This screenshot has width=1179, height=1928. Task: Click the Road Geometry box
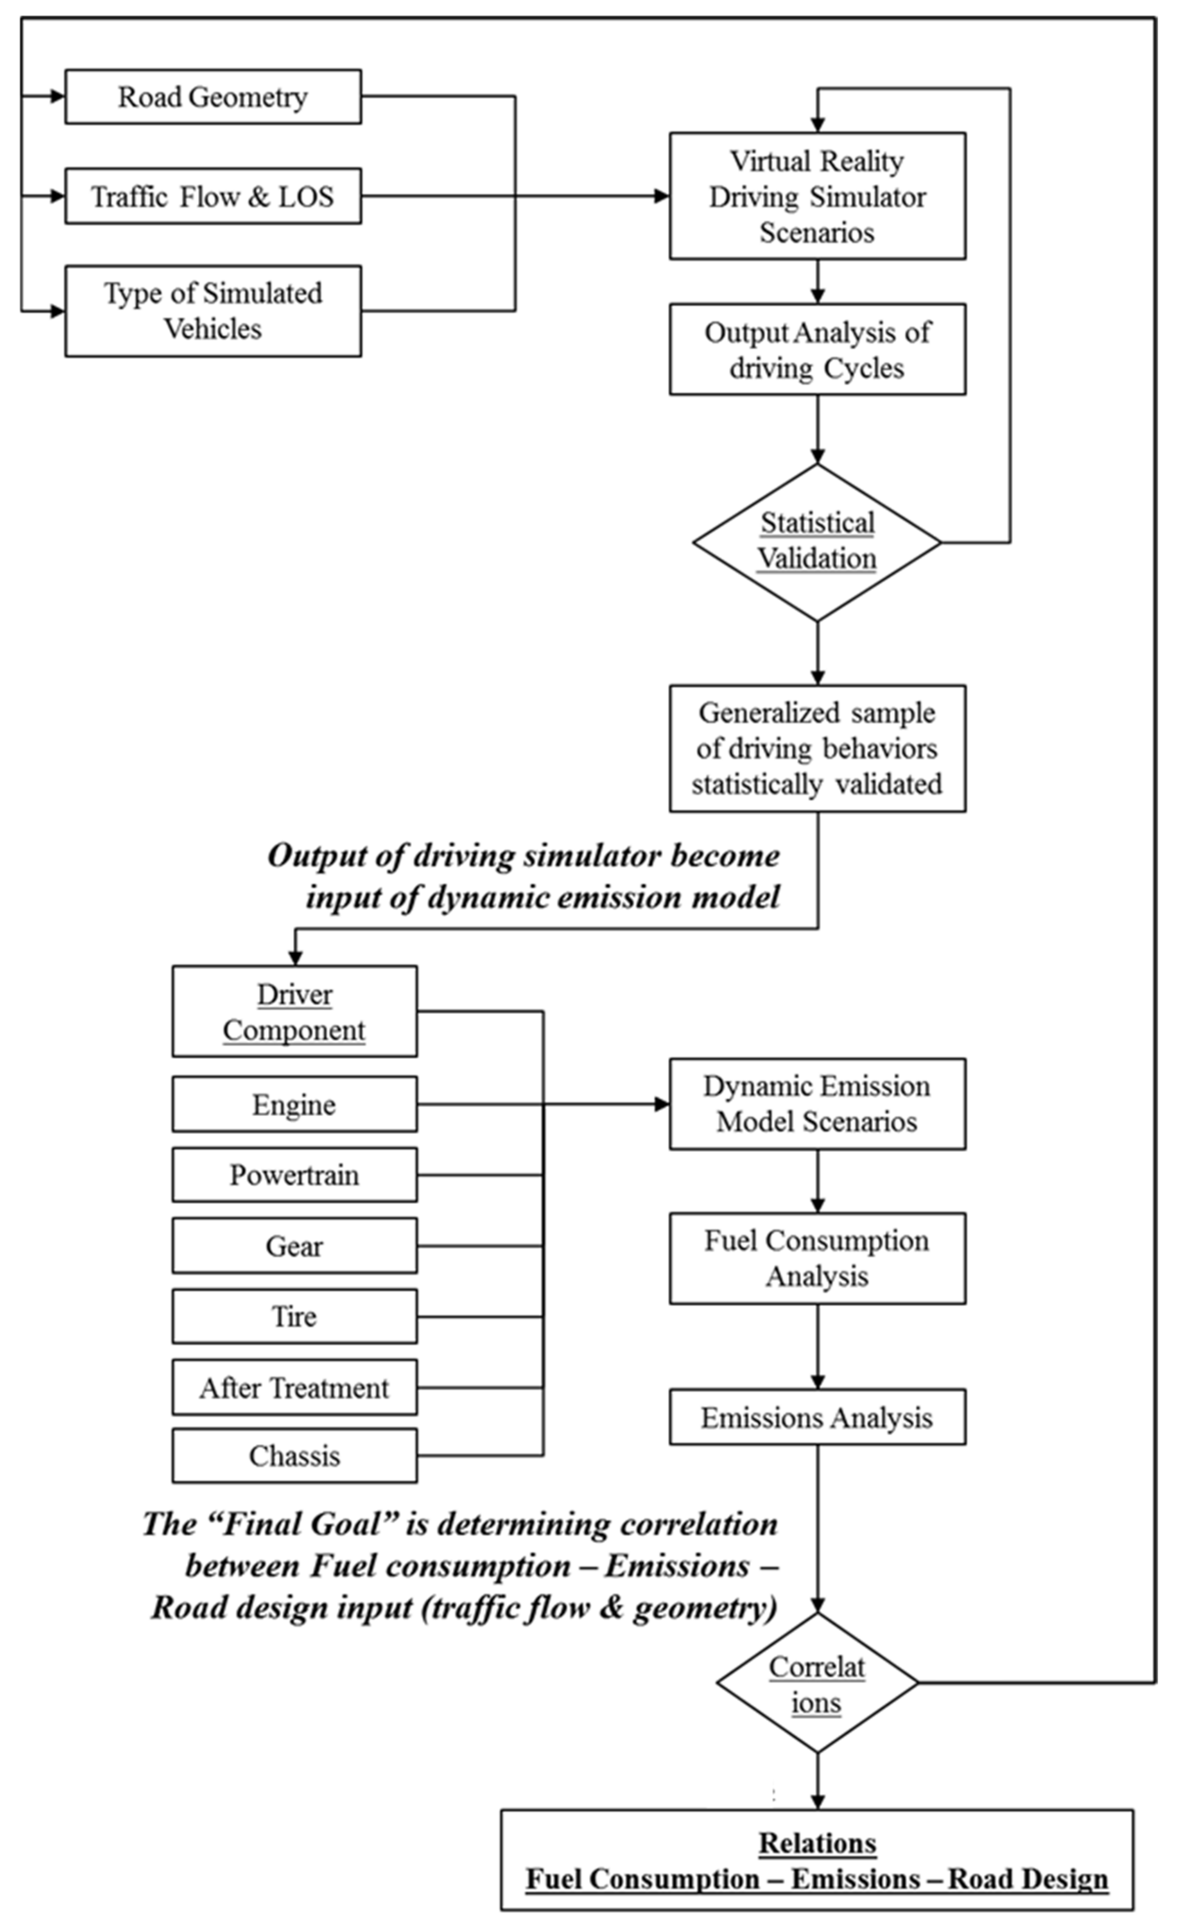coord(213,97)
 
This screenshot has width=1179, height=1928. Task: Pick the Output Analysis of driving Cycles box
coord(817,349)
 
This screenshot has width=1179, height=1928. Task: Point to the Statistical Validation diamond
coord(817,542)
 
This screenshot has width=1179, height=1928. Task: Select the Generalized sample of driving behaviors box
coord(817,748)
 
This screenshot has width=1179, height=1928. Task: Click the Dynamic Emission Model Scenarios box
coord(817,1104)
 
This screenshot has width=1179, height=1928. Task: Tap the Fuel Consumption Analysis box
coord(817,1258)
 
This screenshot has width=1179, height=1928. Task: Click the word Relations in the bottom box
coord(817,1843)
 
